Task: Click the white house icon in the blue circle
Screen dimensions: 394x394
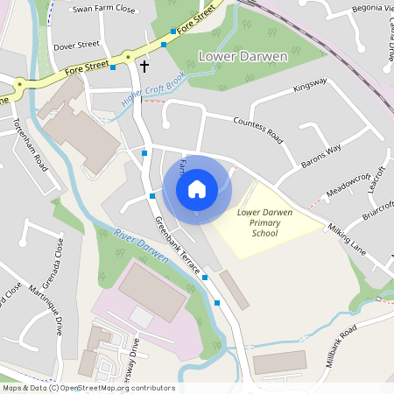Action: pos(197,188)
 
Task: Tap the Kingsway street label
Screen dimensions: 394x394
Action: pos(310,84)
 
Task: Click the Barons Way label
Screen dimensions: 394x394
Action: pos(321,153)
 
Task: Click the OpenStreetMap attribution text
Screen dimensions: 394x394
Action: pos(88,387)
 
